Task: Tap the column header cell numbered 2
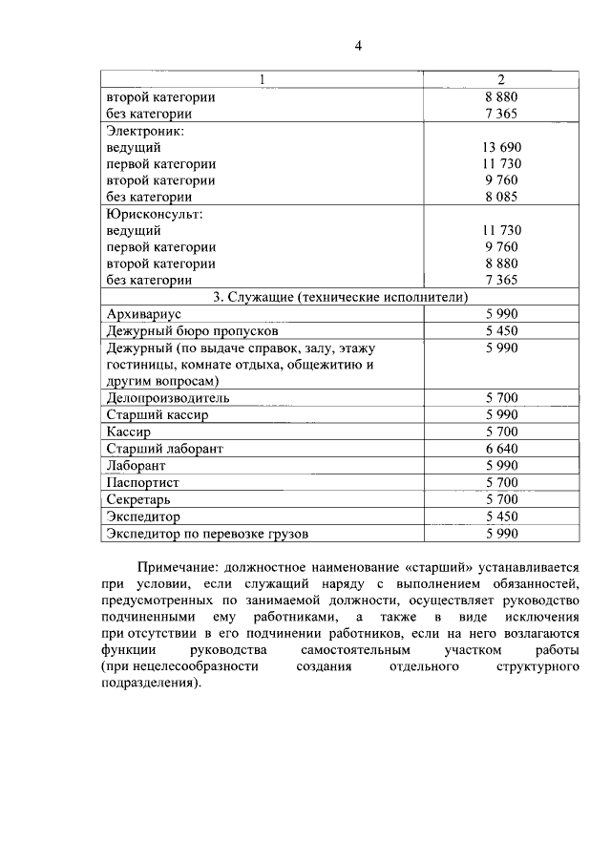click(x=501, y=79)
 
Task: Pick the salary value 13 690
click(x=501, y=147)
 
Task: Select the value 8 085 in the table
click(x=501, y=198)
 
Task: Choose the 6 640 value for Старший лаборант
click(x=501, y=448)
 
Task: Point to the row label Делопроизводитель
click(x=168, y=398)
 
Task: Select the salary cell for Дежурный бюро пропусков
click(x=501, y=330)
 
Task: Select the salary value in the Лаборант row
click(x=501, y=465)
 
